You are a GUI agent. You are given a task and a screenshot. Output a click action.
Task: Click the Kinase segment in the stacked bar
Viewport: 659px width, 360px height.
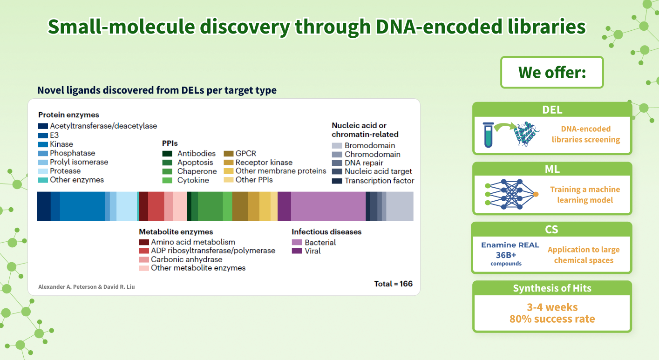tap(82, 206)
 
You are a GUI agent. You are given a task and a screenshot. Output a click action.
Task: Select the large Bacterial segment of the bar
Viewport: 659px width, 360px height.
tap(328, 206)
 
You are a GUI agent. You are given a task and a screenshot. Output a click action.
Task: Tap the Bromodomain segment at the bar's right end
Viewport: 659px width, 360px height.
tap(400, 206)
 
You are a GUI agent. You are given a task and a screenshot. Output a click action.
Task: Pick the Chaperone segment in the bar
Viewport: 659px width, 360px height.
tap(210, 206)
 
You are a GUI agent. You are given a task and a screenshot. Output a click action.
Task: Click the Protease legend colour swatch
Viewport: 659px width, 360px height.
tap(43, 171)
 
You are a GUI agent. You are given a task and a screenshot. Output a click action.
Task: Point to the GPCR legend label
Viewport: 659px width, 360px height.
tap(245, 153)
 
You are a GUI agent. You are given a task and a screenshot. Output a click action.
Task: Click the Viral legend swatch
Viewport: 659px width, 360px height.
tap(297, 251)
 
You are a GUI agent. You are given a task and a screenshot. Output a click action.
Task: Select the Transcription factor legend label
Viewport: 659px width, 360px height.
tap(379, 181)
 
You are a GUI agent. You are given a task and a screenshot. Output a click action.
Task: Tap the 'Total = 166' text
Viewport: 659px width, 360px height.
tap(393, 284)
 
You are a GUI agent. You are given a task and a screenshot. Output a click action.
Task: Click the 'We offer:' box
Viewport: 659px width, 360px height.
tap(552, 73)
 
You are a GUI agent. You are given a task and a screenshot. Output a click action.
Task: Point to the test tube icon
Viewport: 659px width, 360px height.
tap(488, 135)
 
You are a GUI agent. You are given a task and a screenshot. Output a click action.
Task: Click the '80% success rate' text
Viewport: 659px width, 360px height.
tap(552, 319)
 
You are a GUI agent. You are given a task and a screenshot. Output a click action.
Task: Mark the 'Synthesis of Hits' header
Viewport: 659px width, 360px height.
tap(552, 288)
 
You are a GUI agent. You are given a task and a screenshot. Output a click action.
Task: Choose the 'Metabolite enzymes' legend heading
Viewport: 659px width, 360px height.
tap(176, 231)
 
